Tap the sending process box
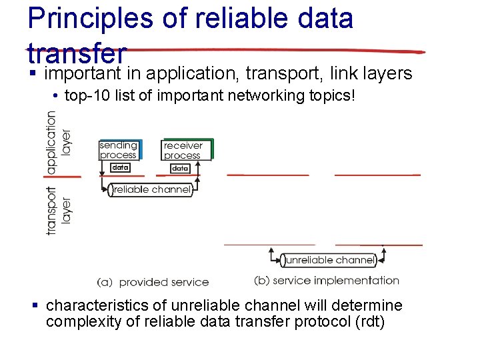(x=119, y=150)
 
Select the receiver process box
(x=183, y=150)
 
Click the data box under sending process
(x=120, y=168)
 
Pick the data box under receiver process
(x=180, y=169)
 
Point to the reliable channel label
(x=152, y=190)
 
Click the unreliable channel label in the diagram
(x=329, y=260)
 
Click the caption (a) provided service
(x=153, y=283)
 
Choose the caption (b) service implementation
(x=327, y=281)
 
